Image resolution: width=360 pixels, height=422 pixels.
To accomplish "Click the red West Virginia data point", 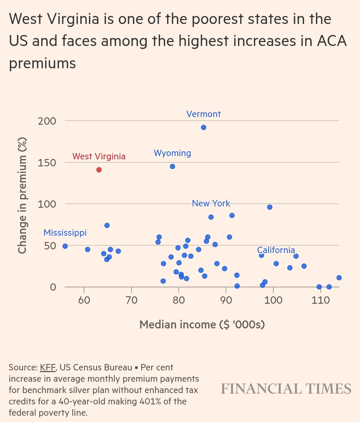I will click(x=99, y=170).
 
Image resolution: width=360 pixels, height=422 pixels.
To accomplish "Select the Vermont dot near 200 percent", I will click(x=204, y=127).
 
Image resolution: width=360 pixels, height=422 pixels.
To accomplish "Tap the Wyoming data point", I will click(x=172, y=166).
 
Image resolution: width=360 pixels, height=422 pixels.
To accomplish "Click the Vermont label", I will click(x=203, y=114).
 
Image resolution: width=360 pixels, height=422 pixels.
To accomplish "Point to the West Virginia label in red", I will click(x=99, y=156).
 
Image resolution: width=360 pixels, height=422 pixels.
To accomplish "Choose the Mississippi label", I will click(x=65, y=233).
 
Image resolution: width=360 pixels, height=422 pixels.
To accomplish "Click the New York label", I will click(x=211, y=203).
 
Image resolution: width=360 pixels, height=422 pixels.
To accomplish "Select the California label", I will click(x=276, y=250).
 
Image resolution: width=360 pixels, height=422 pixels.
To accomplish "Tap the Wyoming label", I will click(x=172, y=153).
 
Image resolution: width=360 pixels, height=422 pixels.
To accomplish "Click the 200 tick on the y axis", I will click(x=47, y=121).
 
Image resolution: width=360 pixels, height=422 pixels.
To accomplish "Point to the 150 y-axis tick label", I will click(x=47, y=163).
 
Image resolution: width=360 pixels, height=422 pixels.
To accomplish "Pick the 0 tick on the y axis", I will click(x=53, y=287).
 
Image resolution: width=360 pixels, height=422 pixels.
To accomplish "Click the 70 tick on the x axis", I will click(x=132, y=300).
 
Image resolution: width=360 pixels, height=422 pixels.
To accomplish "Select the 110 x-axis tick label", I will click(x=321, y=300).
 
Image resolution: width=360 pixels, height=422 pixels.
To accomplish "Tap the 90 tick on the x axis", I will click(x=226, y=300).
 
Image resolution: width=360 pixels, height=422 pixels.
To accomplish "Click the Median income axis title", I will click(x=202, y=324).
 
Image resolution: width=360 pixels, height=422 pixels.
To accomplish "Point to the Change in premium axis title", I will click(x=22, y=196).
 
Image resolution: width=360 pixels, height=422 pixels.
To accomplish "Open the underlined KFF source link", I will click(x=48, y=367).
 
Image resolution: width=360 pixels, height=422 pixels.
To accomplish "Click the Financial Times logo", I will click(x=286, y=389).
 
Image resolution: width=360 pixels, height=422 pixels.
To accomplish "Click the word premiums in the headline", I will click(x=42, y=63).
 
